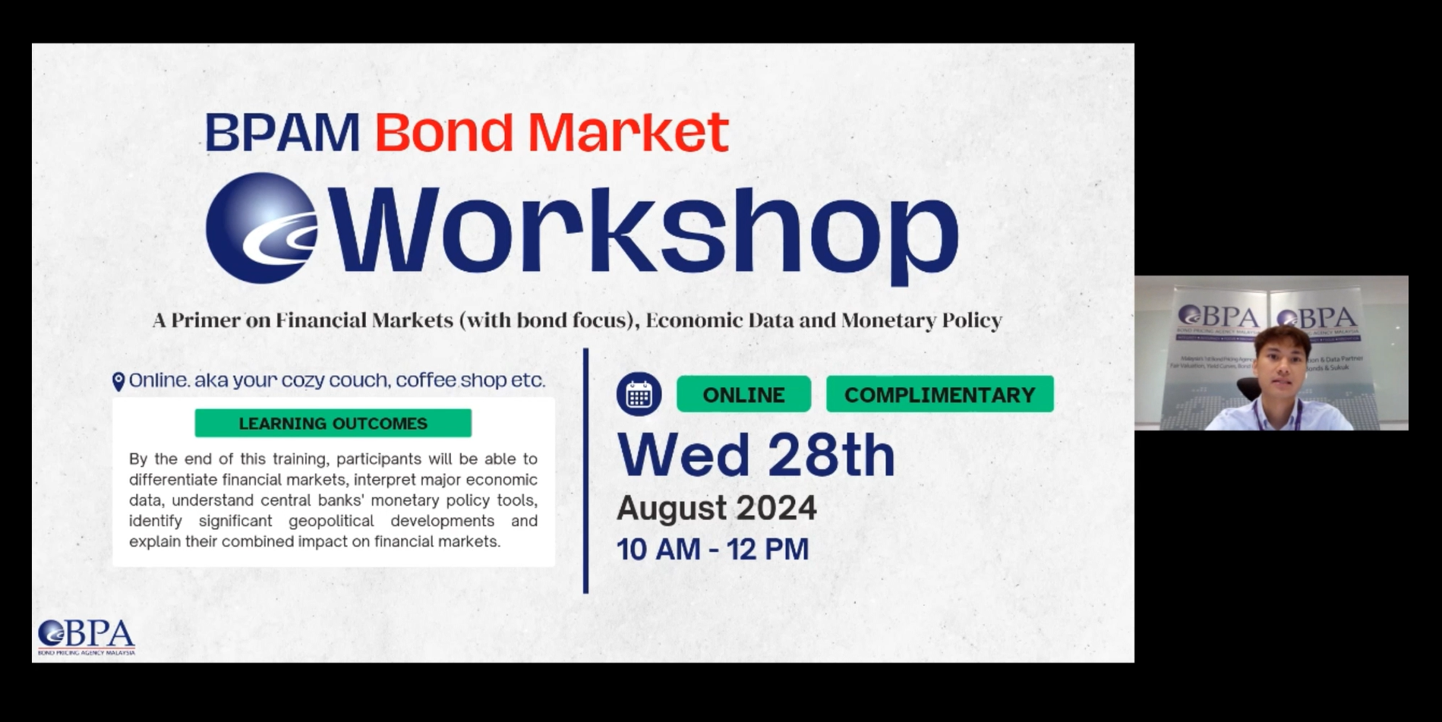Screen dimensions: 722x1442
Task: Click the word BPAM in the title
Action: [x=282, y=133]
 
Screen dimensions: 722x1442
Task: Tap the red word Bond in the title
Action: [x=443, y=133]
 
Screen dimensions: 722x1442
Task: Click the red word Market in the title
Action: [x=628, y=133]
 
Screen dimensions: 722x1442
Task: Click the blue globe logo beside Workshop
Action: [x=261, y=228]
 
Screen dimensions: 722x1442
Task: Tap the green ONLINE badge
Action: [x=743, y=395]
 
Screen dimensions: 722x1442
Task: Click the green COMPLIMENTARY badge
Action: [x=939, y=395]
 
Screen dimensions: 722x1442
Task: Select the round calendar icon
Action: [x=639, y=395]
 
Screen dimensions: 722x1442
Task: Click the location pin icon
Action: [x=118, y=381]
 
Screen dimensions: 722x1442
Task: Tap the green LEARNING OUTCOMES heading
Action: [x=333, y=424]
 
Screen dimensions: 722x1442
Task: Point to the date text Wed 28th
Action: [x=756, y=456]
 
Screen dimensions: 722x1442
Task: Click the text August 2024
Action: [x=716, y=508]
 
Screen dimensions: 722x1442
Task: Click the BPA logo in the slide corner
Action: [x=87, y=637]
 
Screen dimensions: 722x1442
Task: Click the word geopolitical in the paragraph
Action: [x=331, y=521]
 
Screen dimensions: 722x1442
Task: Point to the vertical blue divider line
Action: [x=585, y=471]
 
